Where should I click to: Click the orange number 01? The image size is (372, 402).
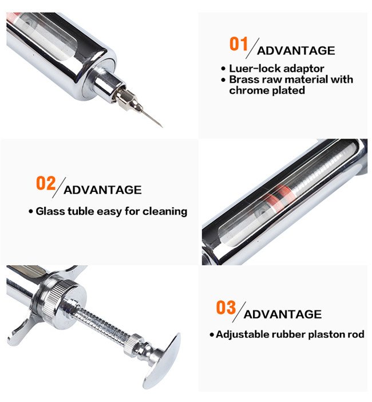point(239,44)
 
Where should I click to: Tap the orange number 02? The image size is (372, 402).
point(46,183)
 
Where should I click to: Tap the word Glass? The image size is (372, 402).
point(50,211)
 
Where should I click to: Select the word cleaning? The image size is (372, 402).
point(165,212)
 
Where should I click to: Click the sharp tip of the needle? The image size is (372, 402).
point(162,127)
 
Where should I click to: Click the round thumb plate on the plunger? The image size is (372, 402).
point(161,360)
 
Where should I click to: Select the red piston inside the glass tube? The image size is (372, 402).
point(279,198)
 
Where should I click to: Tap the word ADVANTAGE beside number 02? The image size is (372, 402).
point(102,190)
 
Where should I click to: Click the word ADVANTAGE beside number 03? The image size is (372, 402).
point(283,314)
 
